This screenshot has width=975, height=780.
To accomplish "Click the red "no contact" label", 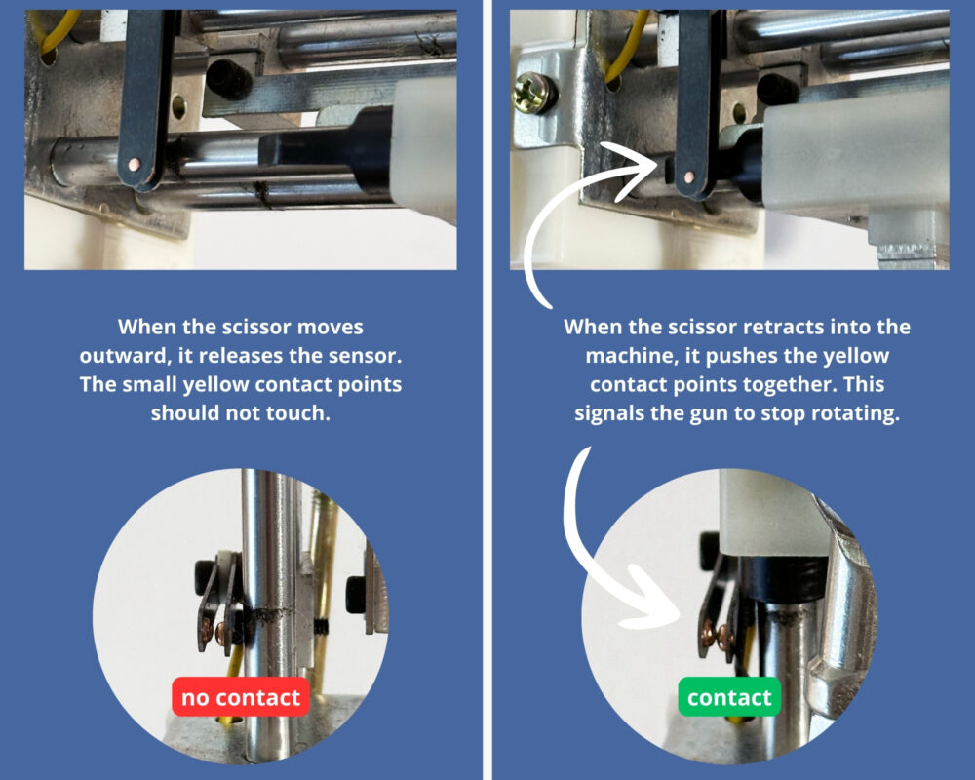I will [x=241, y=698].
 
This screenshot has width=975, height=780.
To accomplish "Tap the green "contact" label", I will [x=729, y=698].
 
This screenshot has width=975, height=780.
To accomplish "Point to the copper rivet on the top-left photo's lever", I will [x=137, y=164].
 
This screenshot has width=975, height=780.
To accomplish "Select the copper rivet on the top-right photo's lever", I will [x=689, y=176].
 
